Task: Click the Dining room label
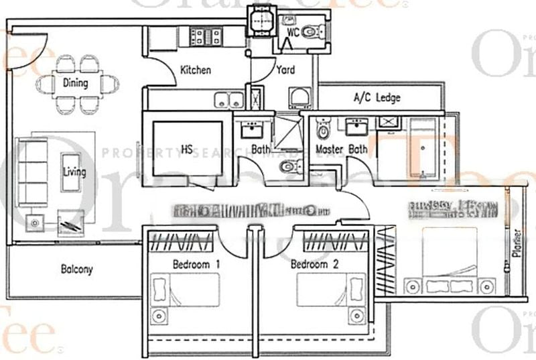[x=75, y=84]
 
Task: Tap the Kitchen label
[x=196, y=70]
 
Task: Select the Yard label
[x=285, y=70]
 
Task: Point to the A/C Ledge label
[x=377, y=98]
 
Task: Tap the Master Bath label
[x=341, y=149]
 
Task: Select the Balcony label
[x=77, y=270]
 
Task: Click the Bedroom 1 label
[x=196, y=265]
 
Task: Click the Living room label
[x=74, y=172]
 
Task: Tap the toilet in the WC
[x=311, y=31]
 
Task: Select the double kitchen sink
[x=229, y=100]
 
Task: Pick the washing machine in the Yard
[x=299, y=99]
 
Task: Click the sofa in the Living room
[x=33, y=172]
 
